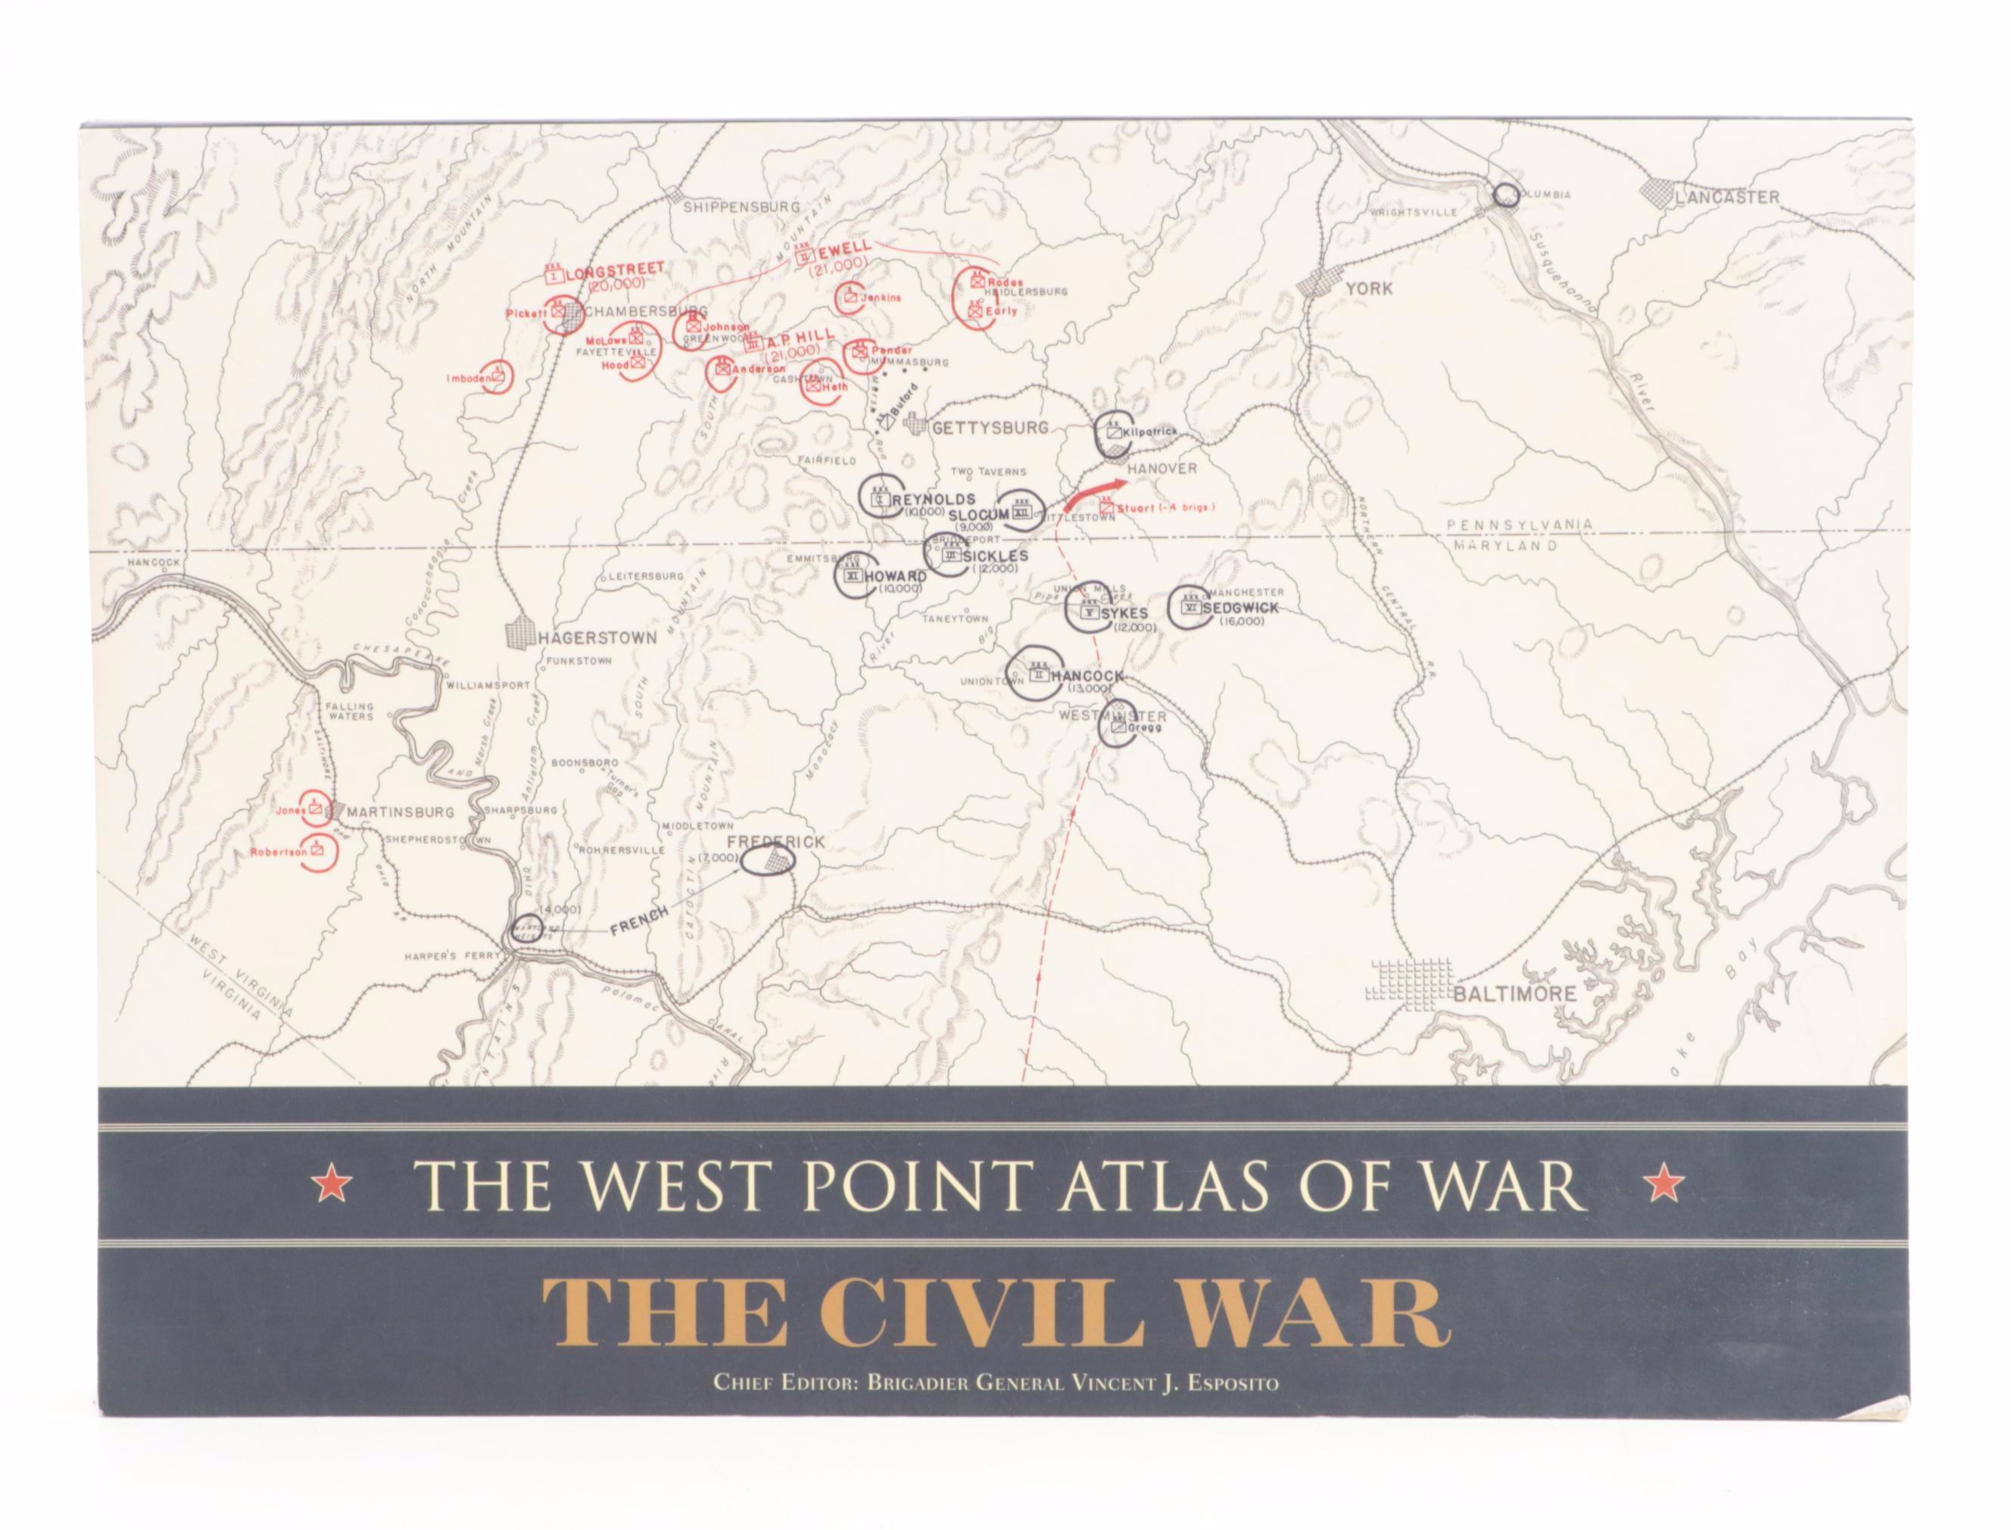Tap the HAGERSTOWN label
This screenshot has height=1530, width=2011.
click(597, 637)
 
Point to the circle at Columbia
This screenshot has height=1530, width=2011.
click(1507, 193)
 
